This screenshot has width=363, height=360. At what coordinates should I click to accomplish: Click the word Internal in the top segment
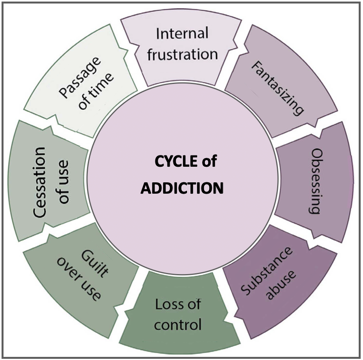click(182, 34)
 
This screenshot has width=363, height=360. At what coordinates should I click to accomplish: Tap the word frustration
click(182, 54)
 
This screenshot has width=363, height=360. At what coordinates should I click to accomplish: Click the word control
click(178, 324)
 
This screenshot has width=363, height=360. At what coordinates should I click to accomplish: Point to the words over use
click(78, 279)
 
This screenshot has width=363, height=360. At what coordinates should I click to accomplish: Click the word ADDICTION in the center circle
click(182, 188)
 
